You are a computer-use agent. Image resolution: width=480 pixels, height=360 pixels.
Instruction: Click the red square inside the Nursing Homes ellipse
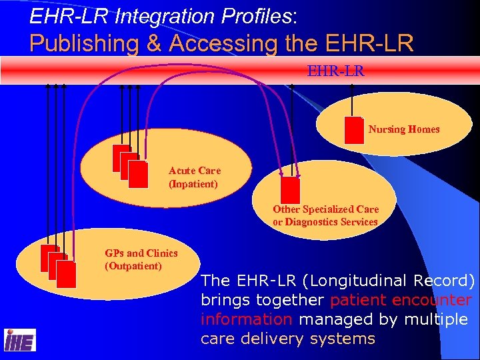click(x=354, y=130)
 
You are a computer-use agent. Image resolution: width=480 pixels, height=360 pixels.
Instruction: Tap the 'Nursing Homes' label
click(x=403, y=129)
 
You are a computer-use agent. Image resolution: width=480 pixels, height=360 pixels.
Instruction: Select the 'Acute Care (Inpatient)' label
click(x=194, y=177)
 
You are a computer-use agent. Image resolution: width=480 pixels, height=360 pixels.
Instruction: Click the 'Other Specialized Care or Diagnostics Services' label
click(x=325, y=215)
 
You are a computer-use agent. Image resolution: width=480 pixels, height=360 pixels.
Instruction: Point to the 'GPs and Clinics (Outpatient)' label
click(x=141, y=259)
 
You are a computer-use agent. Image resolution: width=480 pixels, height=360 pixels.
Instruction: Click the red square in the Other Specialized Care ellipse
click(x=290, y=190)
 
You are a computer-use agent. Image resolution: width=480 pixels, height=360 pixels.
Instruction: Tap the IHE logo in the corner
click(x=19, y=340)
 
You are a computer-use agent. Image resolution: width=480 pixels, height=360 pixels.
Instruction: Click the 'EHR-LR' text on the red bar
click(x=327, y=69)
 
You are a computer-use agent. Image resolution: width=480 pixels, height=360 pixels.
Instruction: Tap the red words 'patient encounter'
click(x=401, y=300)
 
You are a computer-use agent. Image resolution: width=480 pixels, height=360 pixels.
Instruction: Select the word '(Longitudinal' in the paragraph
click(x=334, y=281)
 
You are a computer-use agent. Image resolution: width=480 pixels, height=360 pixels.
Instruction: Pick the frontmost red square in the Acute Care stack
click(x=139, y=175)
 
